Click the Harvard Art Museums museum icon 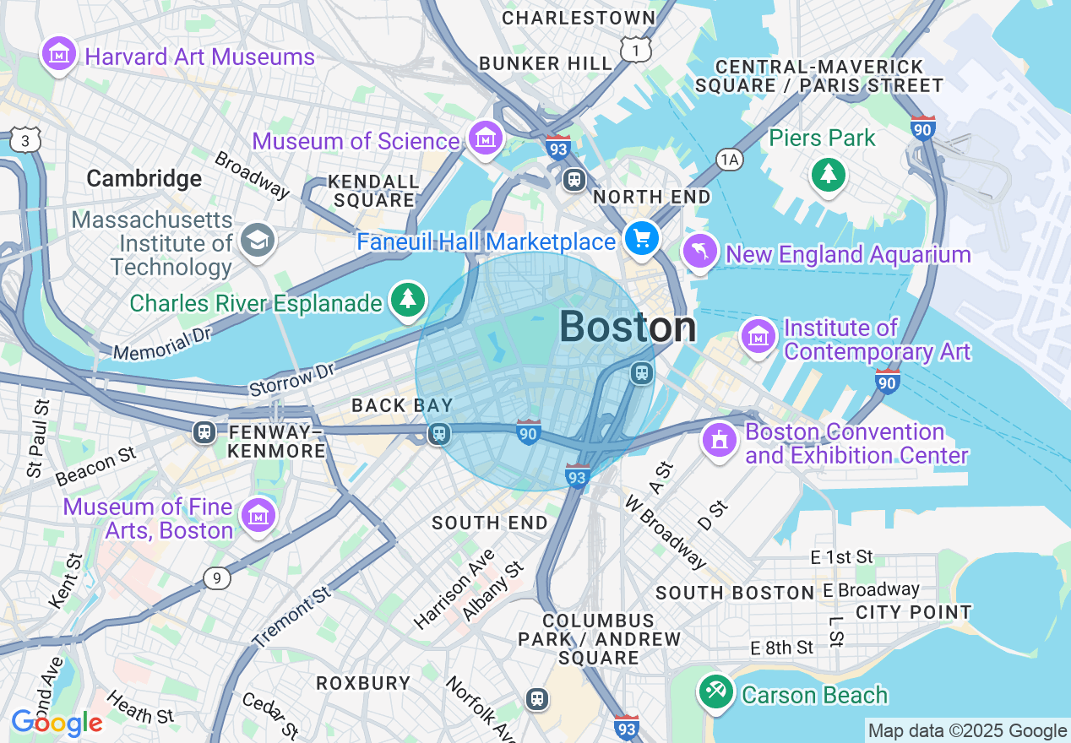point(59,55)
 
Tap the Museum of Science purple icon point(485,138)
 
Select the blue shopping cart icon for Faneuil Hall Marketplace point(642,239)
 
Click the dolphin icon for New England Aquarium point(700,252)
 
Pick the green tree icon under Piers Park point(829,175)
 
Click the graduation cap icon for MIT point(254,241)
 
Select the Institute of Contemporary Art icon point(758,337)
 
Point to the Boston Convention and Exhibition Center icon point(720,441)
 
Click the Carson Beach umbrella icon point(716,693)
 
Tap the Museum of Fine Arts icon point(258,516)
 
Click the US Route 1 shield point(634,51)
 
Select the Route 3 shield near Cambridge point(25,141)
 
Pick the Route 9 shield point(217,578)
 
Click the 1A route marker point(729,160)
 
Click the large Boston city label point(628,328)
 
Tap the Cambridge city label point(144,178)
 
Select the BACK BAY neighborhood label point(402,406)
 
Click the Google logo point(57,724)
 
